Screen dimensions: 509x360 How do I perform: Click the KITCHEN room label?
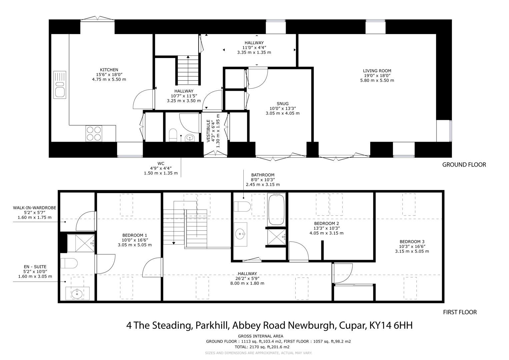(x=109, y=70)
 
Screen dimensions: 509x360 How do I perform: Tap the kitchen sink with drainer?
(x=60, y=85)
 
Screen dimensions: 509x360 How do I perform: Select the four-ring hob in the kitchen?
(x=94, y=134)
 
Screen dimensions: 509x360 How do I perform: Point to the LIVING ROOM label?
(x=377, y=71)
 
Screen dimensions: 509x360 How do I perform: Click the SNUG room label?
(x=283, y=104)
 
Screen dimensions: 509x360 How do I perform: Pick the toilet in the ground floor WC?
(x=173, y=135)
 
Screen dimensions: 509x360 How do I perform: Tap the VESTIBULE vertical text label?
(x=208, y=131)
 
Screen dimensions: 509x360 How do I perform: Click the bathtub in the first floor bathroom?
(x=276, y=209)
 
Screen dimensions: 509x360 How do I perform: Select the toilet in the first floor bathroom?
(x=242, y=206)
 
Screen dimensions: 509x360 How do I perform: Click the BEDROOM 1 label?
(x=135, y=235)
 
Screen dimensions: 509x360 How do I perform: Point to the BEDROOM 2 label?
(x=327, y=223)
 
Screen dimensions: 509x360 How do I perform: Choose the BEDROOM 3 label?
(x=412, y=242)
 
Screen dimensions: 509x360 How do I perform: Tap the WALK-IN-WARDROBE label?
(x=35, y=208)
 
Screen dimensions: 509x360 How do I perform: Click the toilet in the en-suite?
(x=69, y=263)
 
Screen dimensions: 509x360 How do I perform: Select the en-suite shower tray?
(x=81, y=243)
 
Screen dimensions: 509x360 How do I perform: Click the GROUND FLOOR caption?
(x=464, y=165)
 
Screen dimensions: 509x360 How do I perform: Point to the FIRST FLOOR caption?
(x=460, y=312)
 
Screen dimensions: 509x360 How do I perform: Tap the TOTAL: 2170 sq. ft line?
(x=262, y=347)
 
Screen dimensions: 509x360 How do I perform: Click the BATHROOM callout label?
(x=263, y=175)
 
